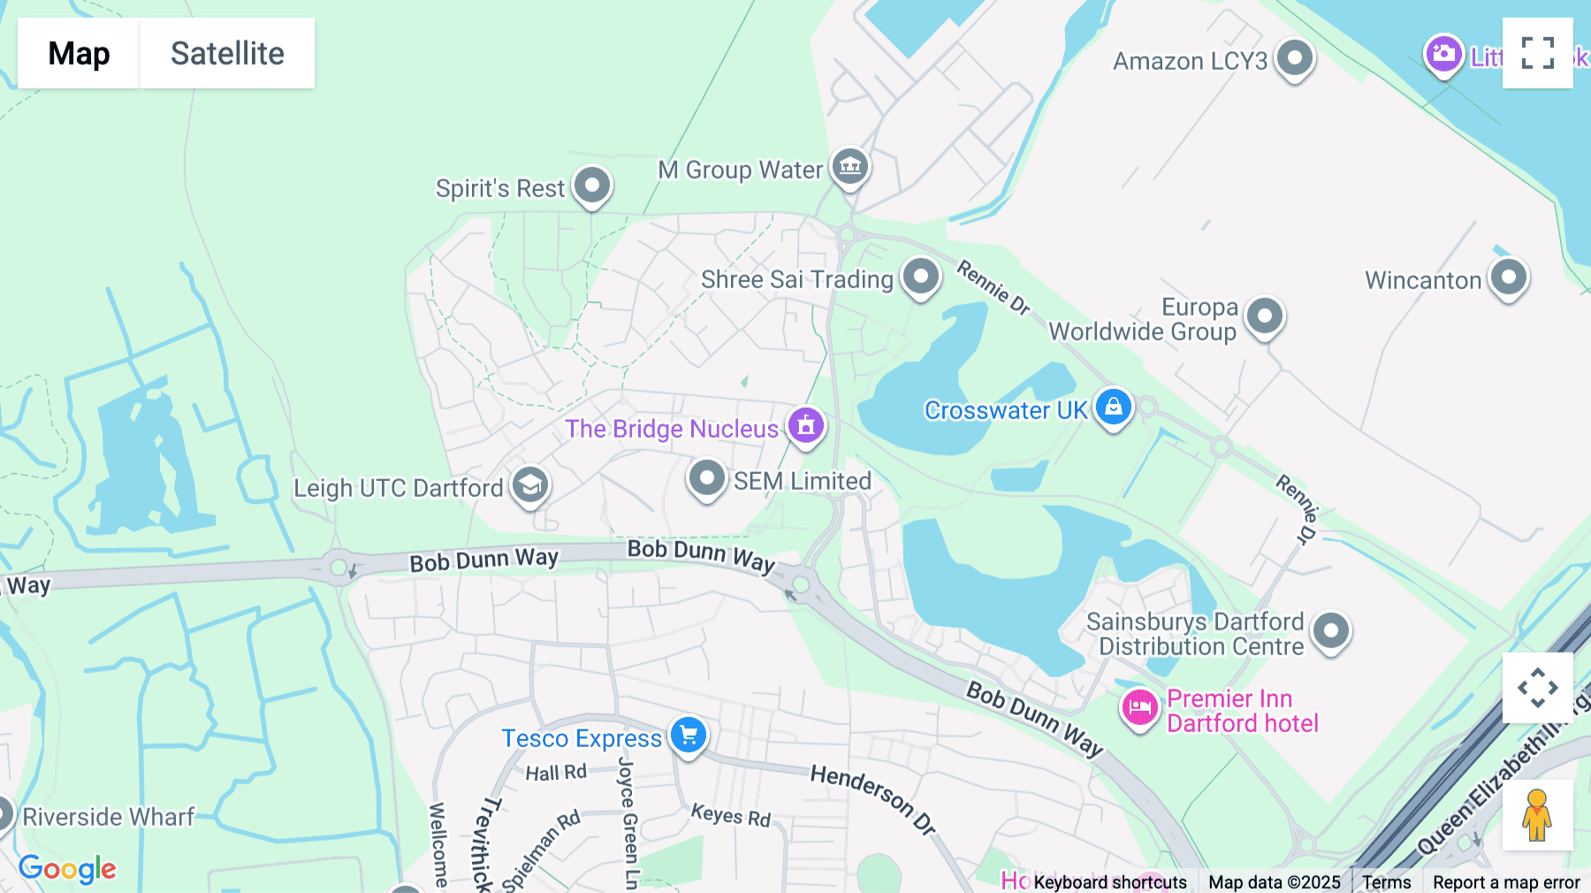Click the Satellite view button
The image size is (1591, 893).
(x=227, y=53)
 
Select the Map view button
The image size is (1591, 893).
(x=79, y=53)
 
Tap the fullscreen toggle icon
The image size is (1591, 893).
(x=1537, y=53)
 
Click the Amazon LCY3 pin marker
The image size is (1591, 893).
(x=1295, y=58)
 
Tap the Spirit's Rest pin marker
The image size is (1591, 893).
(x=592, y=186)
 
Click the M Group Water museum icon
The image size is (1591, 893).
(x=850, y=165)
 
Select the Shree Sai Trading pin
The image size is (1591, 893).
(x=921, y=277)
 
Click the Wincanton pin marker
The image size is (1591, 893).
(x=1509, y=278)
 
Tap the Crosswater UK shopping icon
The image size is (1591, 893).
(x=1114, y=408)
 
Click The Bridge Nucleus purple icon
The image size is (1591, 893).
(x=805, y=426)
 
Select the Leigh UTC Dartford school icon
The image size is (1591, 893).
(x=530, y=485)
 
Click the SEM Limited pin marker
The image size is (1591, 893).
(x=707, y=478)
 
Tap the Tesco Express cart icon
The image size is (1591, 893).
(x=689, y=735)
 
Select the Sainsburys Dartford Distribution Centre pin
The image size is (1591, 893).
(x=1331, y=631)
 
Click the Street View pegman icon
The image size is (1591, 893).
(x=1537, y=814)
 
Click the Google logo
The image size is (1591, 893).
(x=67, y=869)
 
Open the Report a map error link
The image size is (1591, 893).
(x=1506, y=882)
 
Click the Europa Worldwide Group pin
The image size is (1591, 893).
(x=1265, y=316)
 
